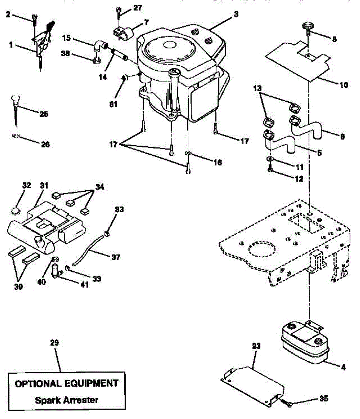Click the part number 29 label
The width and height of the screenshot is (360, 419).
[54, 343]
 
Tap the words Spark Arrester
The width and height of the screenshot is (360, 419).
[66, 400]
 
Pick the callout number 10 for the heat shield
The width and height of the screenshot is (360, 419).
[344, 85]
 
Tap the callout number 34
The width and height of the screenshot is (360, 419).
[99, 187]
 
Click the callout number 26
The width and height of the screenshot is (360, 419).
[45, 144]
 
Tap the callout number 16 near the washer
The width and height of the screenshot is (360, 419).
[218, 162]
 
